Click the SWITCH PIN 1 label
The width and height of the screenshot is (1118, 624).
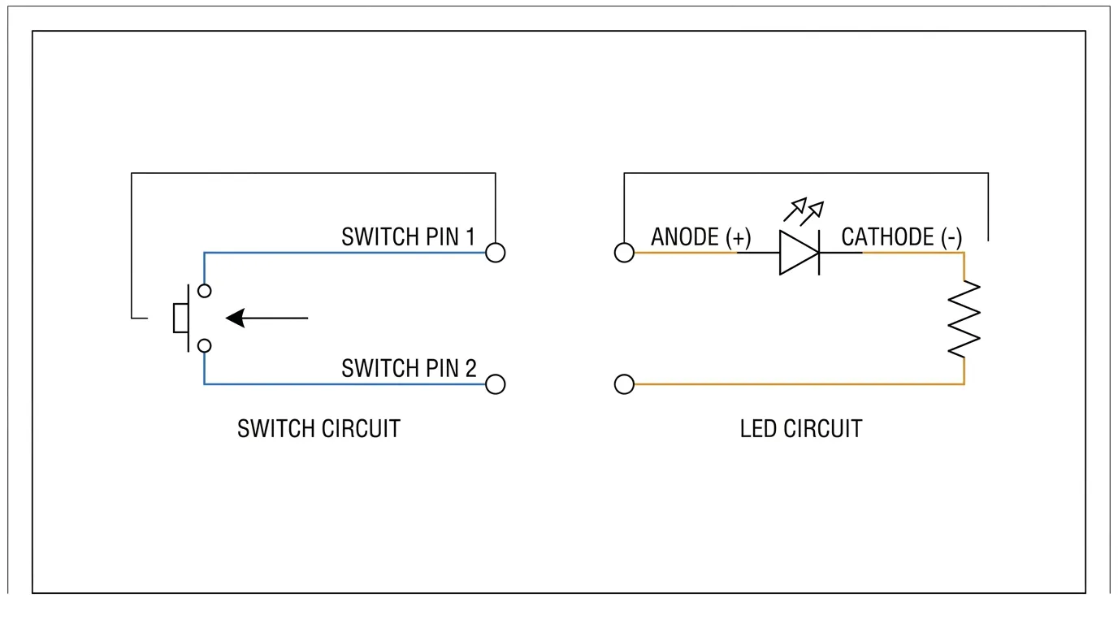(x=408, y=236)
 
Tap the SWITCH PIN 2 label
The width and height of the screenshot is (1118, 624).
(x=409, y=368)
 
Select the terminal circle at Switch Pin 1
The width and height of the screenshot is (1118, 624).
(x=495, y=253)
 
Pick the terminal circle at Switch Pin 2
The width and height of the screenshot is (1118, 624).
(x=495, y=384)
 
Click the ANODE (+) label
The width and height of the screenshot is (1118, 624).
(x=700, y=237)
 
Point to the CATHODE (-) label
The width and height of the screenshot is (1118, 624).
(x=901, y=237)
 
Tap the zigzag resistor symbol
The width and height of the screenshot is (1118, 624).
(x=964, y=319)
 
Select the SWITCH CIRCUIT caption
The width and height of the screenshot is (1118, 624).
(x=318, y=429)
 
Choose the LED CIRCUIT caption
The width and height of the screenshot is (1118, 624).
(x=801, y=429)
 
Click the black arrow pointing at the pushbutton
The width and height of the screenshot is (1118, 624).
(x=267, y=318)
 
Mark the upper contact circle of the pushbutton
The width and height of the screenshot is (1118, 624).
(x=205, y=291)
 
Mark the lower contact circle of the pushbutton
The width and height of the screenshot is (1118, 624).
(x=205, y=345)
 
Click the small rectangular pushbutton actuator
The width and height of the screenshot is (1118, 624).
(x=180, y=318)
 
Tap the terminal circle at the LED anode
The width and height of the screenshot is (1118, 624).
(x=624, y=253)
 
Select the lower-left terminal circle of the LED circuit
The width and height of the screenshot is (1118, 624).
(x=624, y=384)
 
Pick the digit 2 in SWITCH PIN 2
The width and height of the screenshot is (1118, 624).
(x=470, y=368)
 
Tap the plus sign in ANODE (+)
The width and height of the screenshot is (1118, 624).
(x=739, y=238)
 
